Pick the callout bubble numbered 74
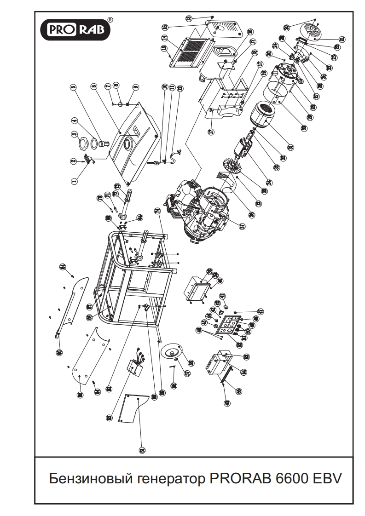pos(157,211)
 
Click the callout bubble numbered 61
pos(142,449)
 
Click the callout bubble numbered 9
pos(135,87)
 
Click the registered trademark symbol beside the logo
pos(109,20)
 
